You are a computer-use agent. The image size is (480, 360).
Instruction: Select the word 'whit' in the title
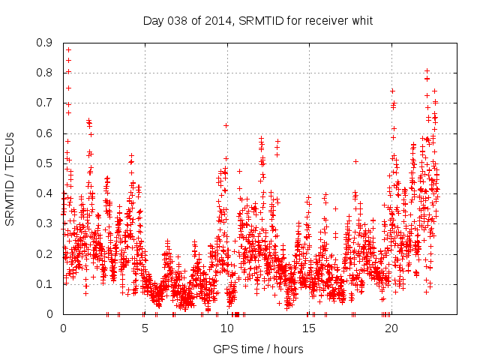361,20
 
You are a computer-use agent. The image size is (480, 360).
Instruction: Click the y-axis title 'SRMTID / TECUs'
10,178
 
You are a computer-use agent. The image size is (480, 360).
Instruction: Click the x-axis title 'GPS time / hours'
258,349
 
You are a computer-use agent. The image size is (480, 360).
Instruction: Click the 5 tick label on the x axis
145,328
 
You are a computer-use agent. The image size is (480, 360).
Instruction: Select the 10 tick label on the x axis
227,328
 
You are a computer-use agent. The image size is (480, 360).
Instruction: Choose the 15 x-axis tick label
309,328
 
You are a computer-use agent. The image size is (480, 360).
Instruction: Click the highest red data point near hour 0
68,49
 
